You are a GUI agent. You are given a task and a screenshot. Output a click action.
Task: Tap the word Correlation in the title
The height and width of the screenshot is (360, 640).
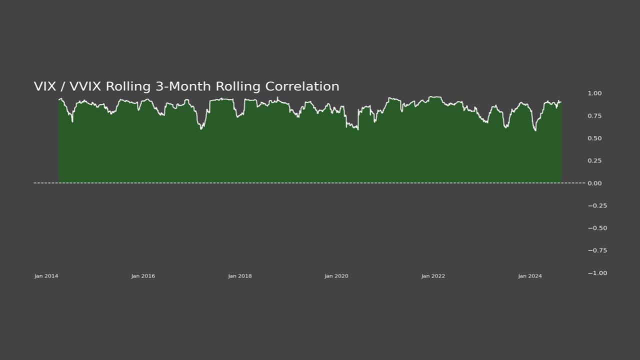(x=302, y=86)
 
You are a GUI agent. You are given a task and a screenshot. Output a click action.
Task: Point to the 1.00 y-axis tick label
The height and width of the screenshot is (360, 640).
(x=594, y=93)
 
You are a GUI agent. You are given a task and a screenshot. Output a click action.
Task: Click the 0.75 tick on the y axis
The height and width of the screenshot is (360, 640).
(x=594, y=116)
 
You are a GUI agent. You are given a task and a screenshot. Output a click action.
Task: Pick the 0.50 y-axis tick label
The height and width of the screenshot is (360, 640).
(x=594, y=138)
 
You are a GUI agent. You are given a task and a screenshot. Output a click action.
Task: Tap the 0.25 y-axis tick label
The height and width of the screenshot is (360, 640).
(x=594, y=161)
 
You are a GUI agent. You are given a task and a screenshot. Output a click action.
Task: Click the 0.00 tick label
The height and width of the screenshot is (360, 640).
(x=594, y=183)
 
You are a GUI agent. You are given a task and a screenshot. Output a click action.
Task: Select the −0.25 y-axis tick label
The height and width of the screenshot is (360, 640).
(x=597, y=206)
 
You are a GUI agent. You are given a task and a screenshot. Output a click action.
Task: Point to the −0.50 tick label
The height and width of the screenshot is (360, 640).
(x=597, y=228)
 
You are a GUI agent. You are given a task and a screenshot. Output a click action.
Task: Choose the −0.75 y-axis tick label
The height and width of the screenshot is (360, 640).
(x=597, y=250)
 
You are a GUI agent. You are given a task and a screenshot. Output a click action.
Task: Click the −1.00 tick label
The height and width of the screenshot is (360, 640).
(x=597, y=273)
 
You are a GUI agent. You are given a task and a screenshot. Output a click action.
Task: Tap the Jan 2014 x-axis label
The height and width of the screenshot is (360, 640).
(x=46, y=276)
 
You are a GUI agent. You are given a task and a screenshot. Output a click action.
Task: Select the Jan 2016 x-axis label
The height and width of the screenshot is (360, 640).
(x=143, y=276)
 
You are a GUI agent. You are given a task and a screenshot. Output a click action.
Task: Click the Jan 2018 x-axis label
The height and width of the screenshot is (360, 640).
(x=240, y=276)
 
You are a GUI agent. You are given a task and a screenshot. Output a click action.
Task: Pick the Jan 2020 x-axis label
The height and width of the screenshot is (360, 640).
(x=336, y=276)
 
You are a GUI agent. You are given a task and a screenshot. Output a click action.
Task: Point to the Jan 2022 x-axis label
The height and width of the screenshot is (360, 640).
(x=433, y=276)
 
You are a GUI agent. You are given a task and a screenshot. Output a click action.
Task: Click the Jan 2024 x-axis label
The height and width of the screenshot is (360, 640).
(x=530, y=276)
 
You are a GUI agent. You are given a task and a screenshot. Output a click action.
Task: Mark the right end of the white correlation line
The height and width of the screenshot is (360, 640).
(x=561, y=102)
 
